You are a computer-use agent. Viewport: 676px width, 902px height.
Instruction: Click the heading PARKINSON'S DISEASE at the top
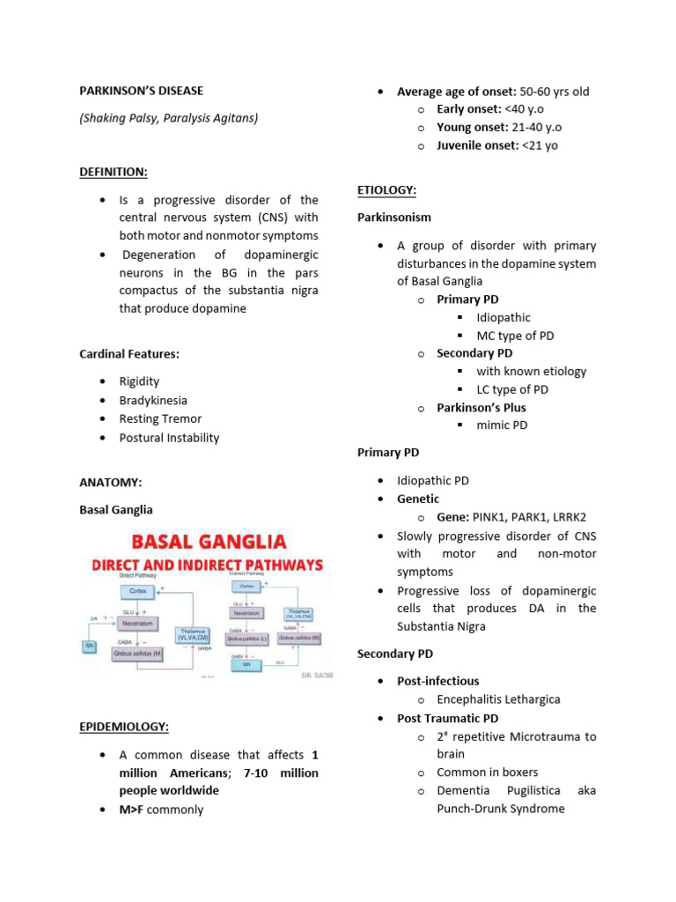click(141, 91)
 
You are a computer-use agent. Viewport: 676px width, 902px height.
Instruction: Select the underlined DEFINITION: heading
click(114, 171)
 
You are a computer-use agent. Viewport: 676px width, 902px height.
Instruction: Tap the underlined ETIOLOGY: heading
click(386, 190)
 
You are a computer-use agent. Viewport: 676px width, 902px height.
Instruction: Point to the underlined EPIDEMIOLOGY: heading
click(124, 727)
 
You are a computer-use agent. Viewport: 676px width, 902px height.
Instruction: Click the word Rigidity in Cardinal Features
click(140, 381)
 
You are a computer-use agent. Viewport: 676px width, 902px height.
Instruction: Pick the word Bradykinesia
click(153, 400)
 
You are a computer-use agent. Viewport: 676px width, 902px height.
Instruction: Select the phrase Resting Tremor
click(160, 418)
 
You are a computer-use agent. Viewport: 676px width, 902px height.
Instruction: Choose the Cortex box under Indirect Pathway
click(246, 585)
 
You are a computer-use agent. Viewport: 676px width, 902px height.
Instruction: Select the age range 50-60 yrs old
click(555, 92)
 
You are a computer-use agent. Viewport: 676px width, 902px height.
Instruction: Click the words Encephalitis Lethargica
click(498, 699)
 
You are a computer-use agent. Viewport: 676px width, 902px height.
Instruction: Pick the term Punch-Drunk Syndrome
click(501, 809)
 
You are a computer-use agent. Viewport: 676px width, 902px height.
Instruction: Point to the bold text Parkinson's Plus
click(481, 408)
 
